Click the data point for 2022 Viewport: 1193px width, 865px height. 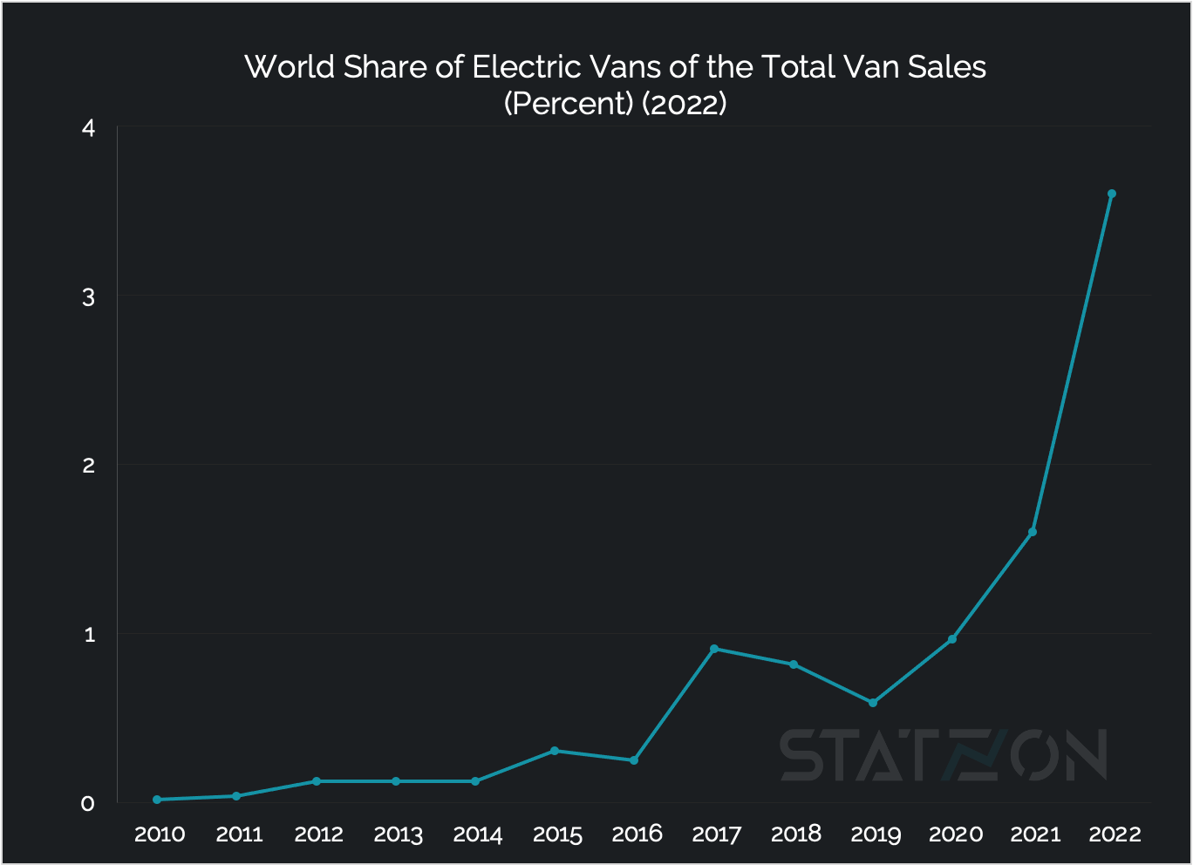[1111, 194]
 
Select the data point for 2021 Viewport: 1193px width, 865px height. [1032, 532]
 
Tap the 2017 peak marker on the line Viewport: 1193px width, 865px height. [713, 649]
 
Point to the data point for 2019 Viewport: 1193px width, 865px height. [873, 703]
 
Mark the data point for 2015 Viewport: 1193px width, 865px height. [555, 751]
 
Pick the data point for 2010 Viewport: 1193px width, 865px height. [157, 800]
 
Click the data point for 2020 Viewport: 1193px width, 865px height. [952, 639]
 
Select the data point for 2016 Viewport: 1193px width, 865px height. [634, 760]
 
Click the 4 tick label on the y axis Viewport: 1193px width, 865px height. [88, 128]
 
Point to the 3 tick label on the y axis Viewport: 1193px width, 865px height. [88, 296]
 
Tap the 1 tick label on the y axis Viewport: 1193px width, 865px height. [89, 634]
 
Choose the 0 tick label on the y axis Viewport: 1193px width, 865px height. [88, 803]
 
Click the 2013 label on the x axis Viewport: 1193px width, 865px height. [399, 834]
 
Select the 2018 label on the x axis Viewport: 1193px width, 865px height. [796, 834]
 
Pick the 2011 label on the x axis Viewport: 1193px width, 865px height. [240, 834]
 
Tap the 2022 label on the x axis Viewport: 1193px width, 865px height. [1115, 834]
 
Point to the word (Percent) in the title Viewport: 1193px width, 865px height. [568, 104]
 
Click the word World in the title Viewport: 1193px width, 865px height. [284, 67]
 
